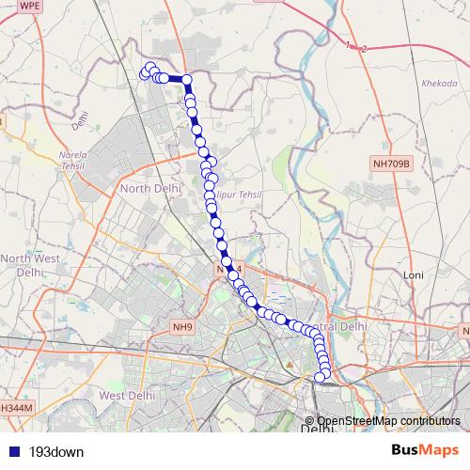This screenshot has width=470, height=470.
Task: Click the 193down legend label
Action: [x=56, y=452]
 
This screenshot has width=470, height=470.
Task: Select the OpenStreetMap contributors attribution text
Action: [x=388, y=421]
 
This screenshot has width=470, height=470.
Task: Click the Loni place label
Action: [x=415, y=274]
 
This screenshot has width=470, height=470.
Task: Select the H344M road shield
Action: [x=16, y=408]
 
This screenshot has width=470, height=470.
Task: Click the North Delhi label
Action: [x=149, y=188]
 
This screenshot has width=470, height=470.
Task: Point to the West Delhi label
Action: [x=126, y=396]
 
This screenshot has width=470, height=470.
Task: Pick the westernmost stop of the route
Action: [x=145, y=73]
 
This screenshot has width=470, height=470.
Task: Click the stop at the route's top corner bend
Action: [x=186, y=80]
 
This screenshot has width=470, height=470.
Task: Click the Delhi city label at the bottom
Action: [x=316, y=430]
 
